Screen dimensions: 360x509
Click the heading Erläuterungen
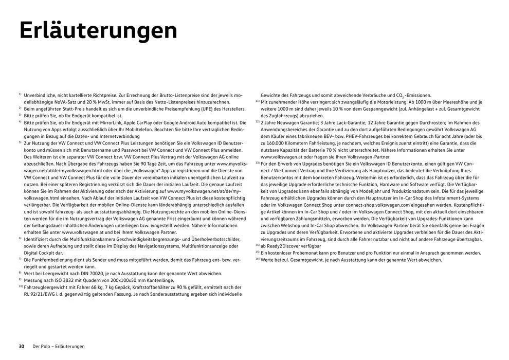pyautogui.click(x=98, y=30)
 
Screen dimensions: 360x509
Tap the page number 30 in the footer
pyautogui.click(x=22, y=346)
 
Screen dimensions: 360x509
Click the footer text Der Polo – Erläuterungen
pyautogui.click(x=59, y=346)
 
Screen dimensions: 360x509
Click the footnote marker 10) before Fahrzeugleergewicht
pyautogui.click(x=20, y=286)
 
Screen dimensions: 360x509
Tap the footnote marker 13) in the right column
pyautogui.click(x=257, y=163)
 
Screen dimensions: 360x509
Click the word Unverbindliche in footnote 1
pyautogui.click(x=42, y=96)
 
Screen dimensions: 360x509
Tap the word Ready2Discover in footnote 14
pyautogui.click(x=286, y=246)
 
